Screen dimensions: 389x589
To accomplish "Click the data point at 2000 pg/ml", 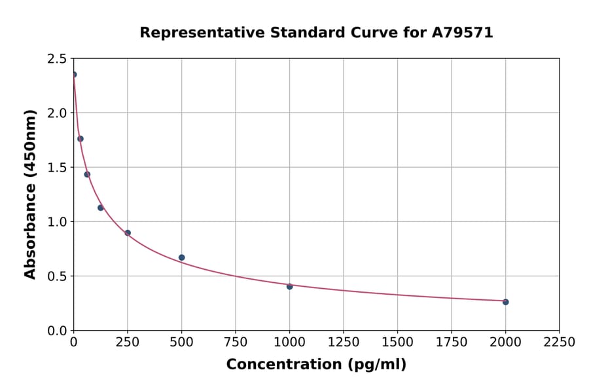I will click(x=505, y=302).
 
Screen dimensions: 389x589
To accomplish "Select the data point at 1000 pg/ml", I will click(x=289, y=286).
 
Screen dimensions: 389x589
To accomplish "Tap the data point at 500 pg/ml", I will click(x=181, y=257).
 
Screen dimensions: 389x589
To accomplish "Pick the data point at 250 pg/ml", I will click(x=128, y=232).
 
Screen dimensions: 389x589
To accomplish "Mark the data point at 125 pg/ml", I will click(x=101, y=208).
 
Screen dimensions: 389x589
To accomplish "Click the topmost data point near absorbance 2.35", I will click(x=74, y=75).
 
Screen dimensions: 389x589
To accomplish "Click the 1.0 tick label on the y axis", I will click(x=56, y=222).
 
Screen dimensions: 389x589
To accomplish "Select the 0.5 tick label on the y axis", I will click(x=56, y=276).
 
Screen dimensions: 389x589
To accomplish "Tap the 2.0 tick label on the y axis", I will click(x=56, y=113).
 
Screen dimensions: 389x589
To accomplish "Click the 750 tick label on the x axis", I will click(x=236, y=343).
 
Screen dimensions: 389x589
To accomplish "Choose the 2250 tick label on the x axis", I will click(x=560, y=343).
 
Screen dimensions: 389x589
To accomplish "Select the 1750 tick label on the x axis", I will click(x=452, y=343).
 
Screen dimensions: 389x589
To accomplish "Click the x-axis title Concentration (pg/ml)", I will click(x=316, y=365).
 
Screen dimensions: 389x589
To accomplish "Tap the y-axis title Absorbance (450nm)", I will click(x=30, y=194).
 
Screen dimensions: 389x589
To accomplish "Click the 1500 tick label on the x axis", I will click(x=397, y=343).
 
